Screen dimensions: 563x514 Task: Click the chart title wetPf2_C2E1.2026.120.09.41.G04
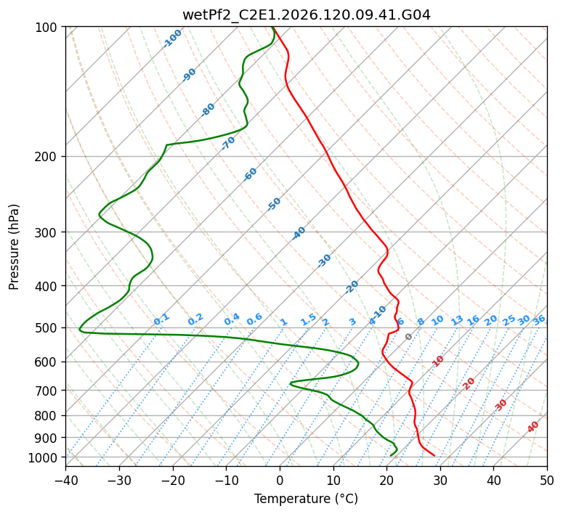point(307,15)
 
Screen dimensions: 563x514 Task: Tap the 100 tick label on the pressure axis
point(46,28)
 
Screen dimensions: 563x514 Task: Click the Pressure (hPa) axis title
point(14,247)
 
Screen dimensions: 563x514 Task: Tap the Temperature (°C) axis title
point(307,499)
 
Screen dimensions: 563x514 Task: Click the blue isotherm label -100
point(172,38)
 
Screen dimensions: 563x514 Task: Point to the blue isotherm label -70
point(228,143)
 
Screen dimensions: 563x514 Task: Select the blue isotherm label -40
point(299,233)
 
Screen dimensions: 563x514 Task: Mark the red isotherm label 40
point(532,427)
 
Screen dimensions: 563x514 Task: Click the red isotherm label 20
point(469,384)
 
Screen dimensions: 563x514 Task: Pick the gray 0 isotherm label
point(408,337)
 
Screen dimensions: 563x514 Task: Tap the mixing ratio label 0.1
point(161,319)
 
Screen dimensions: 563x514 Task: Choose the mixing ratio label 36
point(539,321)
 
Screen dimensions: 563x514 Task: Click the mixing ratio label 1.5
point(309,319)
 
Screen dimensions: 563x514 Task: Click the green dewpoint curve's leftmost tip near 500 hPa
point(79,329)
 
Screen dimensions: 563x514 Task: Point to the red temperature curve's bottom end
point(434,455)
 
